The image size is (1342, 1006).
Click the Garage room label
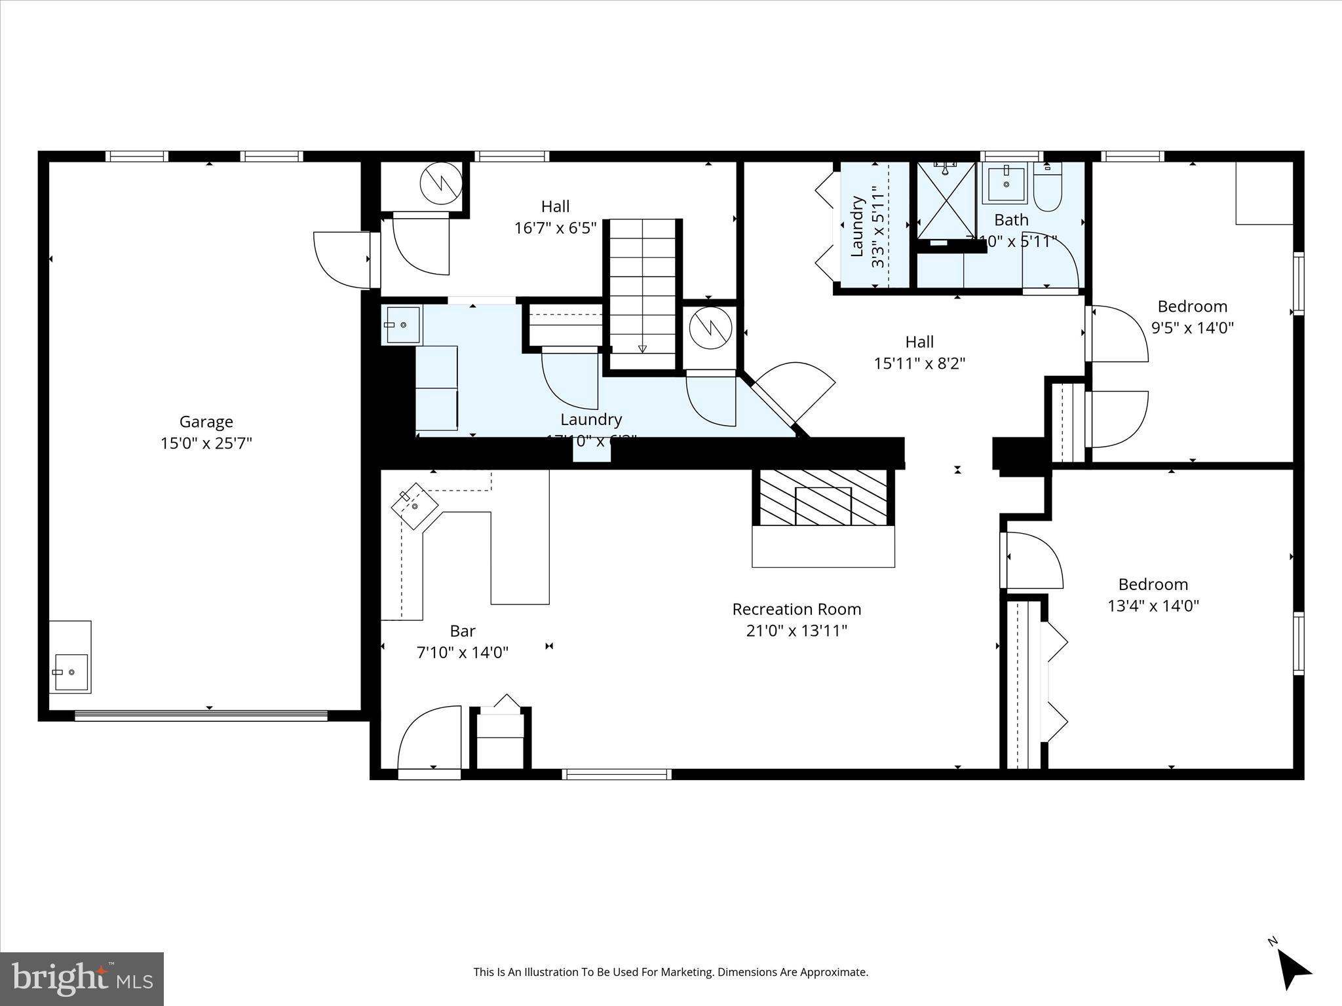click(x=206, y=422)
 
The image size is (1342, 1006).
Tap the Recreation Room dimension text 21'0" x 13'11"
click(x=797, y=631)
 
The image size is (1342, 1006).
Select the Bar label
click(x=462, y=631)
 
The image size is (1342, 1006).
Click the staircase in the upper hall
click(x=642, y=288)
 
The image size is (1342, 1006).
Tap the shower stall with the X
click(x=946, y=200)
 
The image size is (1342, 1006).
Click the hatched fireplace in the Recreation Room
click(x=823, y=498)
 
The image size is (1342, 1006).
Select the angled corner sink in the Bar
click(x=415, y=506)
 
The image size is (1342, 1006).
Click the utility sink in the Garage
click(x=70, y=672)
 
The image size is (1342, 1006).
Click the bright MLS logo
click(x=82, y=978)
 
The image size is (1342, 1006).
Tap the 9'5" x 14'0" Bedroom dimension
click(x=1193, y=327)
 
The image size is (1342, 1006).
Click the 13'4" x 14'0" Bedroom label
click(x=1153, y=584)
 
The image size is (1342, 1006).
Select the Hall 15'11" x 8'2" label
click(x=919, y=352)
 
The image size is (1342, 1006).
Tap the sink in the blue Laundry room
click(x=400, y=324)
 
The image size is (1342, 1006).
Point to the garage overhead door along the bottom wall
click(x=201, y=716)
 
